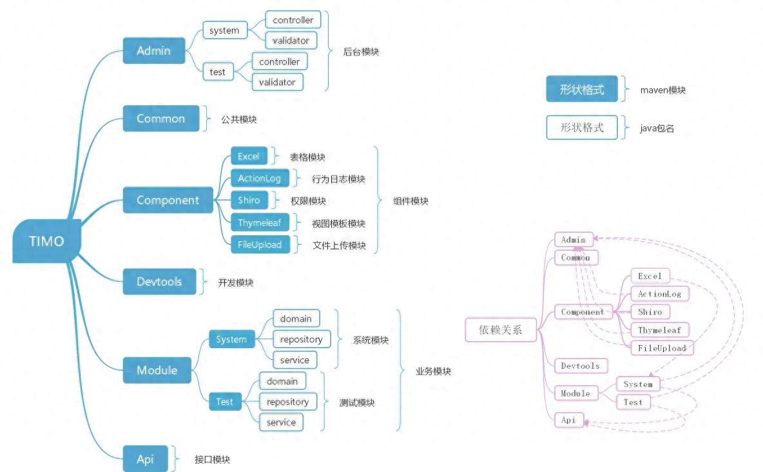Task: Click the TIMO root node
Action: click(x=47, y=241)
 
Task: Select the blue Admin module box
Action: click(x=153, y=51)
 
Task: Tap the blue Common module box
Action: click(x=161, y=119)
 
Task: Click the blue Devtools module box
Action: click(x=159, y=282)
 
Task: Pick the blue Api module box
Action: click(x=146, y=459)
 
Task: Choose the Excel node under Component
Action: click(x=249, y=157)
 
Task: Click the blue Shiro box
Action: click(x=249, y=200)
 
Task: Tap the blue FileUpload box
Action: click(x=260, y=245)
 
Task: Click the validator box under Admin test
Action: click(x=277, y=82)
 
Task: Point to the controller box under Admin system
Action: click(x=293, y=20)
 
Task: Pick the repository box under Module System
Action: click(x=302, y=339)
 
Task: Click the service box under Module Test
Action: click(x=281, y=422)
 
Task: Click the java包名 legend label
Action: click(x=657, y=128)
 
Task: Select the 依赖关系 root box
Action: click(x=500, y=331)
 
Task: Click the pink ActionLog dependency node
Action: click(x=659, y=294)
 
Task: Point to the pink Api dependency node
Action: click(x=568, y=420)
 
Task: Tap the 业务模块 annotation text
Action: click(x=433, y=371)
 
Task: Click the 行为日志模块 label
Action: click(x=338, y=179)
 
